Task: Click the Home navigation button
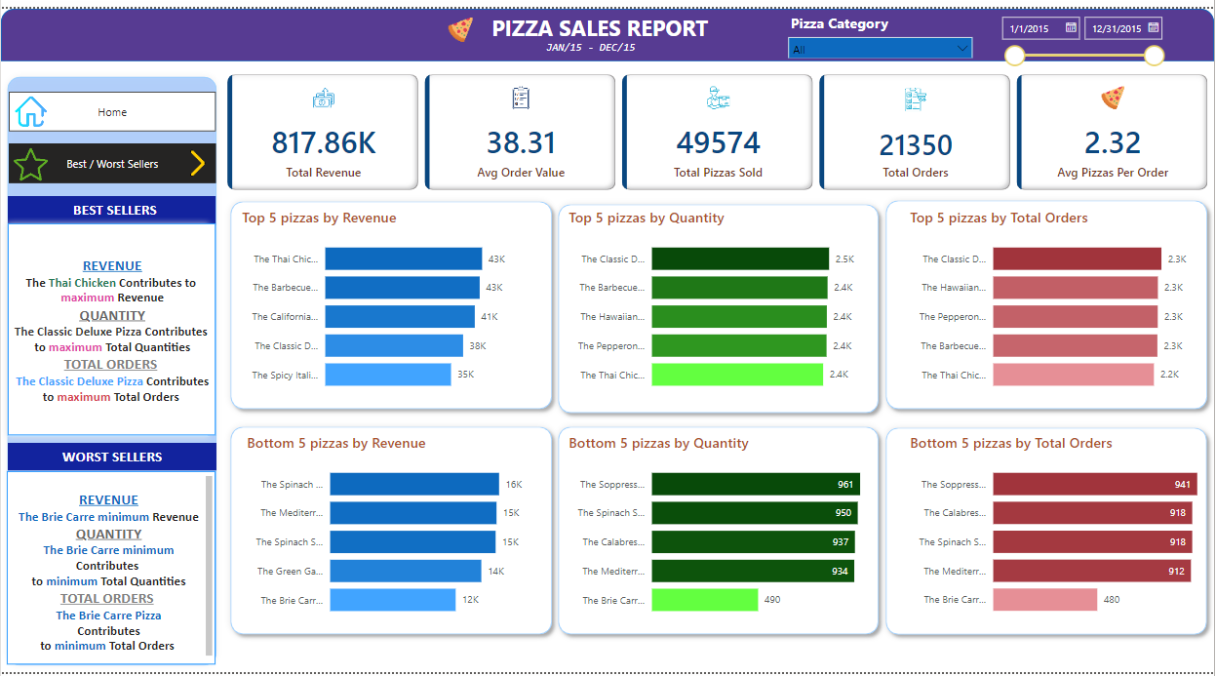click(112, 112)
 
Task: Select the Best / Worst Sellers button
click(112, 164)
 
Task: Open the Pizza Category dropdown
click(880, 49)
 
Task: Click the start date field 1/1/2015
click(1040, 28)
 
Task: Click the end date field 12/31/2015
click(1123, 28)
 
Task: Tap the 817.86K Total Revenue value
click(324, 143)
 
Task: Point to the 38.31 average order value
click(522, 143)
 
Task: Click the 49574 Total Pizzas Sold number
click(719, 143)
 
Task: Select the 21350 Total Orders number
click(916, 145)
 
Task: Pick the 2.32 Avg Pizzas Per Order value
click(1113, 143)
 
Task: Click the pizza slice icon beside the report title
click(460, 29)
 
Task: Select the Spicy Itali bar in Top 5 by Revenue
click(388, 375)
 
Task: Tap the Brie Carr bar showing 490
click(705, 600)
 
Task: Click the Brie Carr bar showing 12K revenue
click(392, 600)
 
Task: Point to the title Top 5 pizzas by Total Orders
click(999, 219)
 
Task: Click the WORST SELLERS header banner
click(112, 457)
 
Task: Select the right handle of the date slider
click(1154, 56)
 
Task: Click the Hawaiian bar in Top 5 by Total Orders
click(1075, 288)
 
